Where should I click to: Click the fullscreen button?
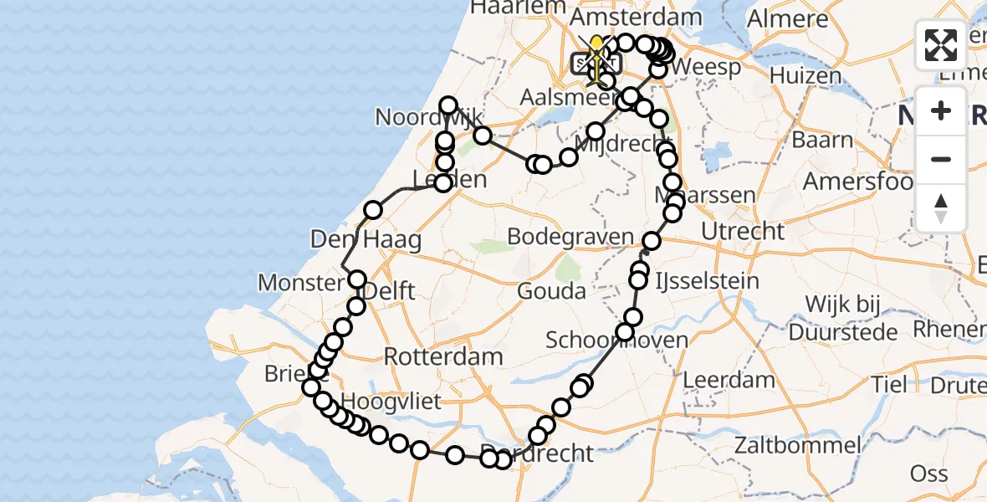click(941, 45)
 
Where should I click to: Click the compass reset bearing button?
click(941, 207)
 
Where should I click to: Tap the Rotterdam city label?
click(443, 357)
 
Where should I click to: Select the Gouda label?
click(551, 292)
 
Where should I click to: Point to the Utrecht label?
click(744, 232)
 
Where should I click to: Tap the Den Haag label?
click(366, 240)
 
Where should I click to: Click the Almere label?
click(788, 19)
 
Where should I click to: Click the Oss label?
click(928, 474)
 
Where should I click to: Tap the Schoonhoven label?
click(617, 341)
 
